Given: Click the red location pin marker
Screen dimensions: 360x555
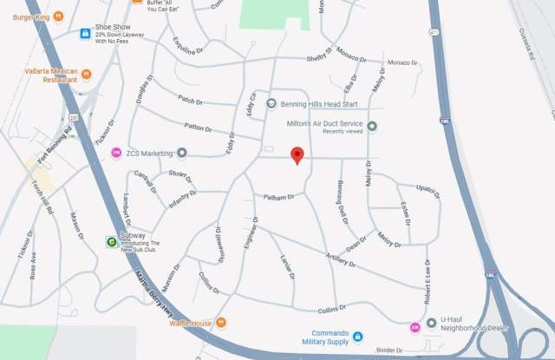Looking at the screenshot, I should pos(297,155).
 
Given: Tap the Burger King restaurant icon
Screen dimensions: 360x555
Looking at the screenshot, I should pos(58,16).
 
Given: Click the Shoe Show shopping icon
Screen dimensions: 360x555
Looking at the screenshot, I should pos(85,34).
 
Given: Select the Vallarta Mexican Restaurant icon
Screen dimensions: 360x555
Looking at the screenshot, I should pos(86,72).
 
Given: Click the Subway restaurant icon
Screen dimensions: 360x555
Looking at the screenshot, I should pos(111,242).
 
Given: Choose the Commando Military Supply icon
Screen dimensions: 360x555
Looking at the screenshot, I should pos(357,337).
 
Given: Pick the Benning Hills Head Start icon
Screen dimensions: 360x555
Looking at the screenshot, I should pos(271,103).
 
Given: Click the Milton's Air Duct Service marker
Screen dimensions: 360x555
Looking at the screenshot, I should pos(372,127).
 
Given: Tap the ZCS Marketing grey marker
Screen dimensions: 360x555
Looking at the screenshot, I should pos(182,153).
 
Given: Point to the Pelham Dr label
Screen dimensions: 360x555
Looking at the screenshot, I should pos(280,198).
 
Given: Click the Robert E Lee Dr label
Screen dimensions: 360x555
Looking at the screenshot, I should pos(428,284).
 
